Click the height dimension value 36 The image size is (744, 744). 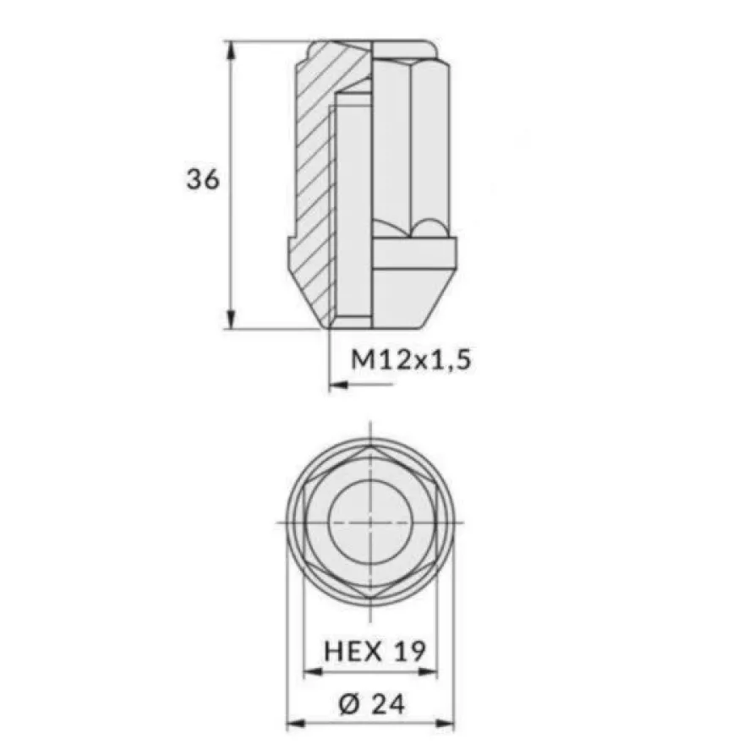[x=203, y=180]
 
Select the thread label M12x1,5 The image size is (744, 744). [x=411, y=360]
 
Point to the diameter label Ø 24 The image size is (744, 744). [x=371, y=703]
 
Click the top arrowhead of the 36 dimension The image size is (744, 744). [x=231, y=50]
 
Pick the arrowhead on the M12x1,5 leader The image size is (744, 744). [x=338, y=385]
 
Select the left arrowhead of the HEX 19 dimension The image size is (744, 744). [x=313, y=671]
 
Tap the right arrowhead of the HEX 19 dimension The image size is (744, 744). [x=428, y=671]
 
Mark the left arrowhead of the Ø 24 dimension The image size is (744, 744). [x=296, y=724]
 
